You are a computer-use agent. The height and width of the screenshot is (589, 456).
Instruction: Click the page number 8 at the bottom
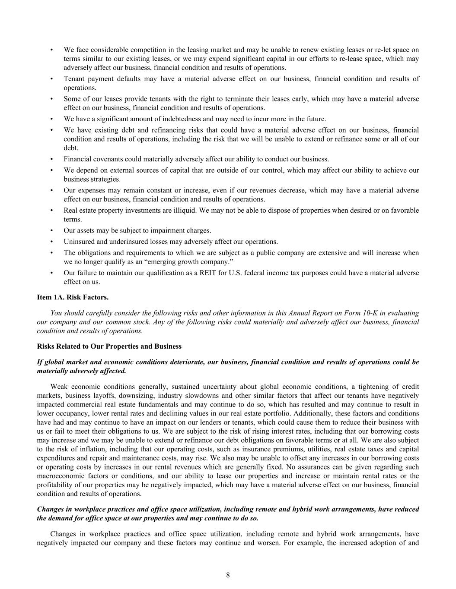pos(228,574)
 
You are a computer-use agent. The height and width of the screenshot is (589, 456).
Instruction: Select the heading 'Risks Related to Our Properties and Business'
pos(109,346)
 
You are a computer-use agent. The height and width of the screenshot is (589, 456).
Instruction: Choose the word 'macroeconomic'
pos(59,476)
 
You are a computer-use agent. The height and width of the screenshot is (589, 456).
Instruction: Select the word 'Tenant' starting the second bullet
pos(74,79)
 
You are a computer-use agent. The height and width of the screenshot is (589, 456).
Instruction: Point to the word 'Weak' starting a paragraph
pos(58,386)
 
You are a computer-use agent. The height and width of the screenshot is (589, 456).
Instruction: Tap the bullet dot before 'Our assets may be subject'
pos(52,230)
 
